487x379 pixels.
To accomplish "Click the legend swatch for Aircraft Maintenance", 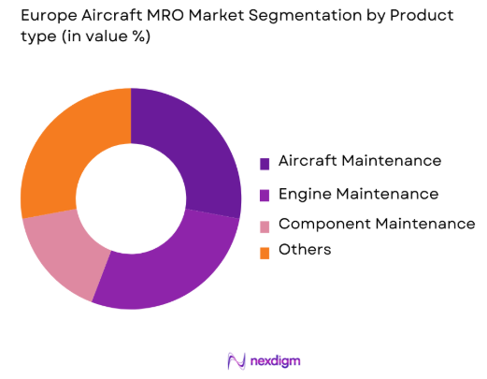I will tap(265, 163).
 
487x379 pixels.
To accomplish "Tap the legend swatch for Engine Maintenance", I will tap(265, 195).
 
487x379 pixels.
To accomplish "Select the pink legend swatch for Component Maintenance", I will tap(265, 226).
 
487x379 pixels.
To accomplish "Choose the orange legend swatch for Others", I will tap(265, 251).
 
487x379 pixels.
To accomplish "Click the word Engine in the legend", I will tap(307, 195).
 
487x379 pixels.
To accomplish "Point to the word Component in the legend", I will tap(322, 225).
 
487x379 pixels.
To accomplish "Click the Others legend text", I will tap(305, 250).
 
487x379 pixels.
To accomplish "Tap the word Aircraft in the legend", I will tap(309, 161).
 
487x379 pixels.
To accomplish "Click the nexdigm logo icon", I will tap(236, 360).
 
